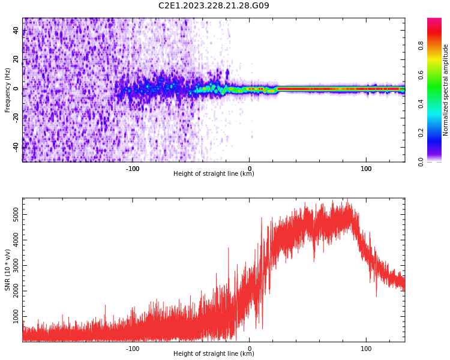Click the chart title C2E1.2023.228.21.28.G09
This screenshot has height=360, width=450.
coord(214,6)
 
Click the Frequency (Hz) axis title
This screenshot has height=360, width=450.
coord(8,90)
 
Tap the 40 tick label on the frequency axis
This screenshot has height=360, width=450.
coord(16,30)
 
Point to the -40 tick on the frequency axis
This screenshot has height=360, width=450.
coord(16,146)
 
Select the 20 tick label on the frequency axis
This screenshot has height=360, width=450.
coord(16,59)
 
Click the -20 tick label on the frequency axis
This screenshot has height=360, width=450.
coord(16,117)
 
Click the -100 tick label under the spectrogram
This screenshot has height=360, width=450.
coord(133,169)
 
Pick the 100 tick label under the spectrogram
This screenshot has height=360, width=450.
coord(366,169)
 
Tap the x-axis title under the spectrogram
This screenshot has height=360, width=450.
coord(214,174)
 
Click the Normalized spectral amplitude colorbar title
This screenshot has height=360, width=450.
coord(446,90)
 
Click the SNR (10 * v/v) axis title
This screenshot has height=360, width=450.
coord(8,270)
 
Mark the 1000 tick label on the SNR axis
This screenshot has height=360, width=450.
coord(16,316)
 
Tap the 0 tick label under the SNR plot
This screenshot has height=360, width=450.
coord(250,349)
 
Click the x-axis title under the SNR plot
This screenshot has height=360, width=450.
coord(214,354)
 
